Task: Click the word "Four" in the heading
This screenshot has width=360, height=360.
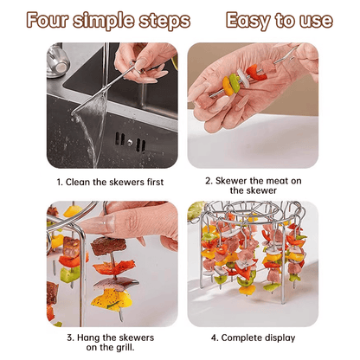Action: click(x=49, y=20)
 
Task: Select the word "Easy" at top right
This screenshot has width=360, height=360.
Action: click(x=250, y=20)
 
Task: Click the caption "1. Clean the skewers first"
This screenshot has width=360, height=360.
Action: click(x=110, y=182)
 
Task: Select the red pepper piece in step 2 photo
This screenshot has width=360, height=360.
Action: click(x=251, y=72)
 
